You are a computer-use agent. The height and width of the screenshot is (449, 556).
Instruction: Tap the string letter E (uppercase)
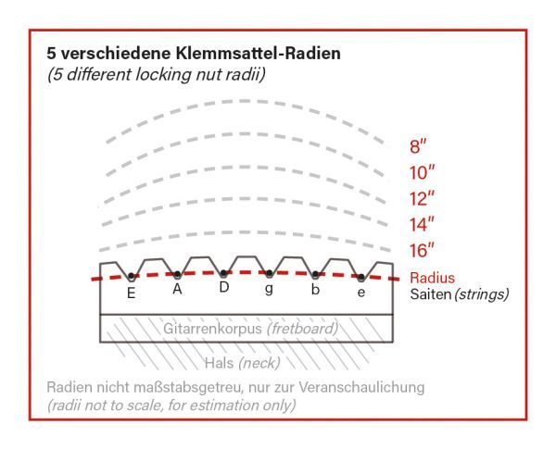[132, 293]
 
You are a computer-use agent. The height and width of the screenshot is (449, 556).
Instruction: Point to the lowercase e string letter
[361, 293]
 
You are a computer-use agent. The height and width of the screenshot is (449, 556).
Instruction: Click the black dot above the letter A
[178, 275]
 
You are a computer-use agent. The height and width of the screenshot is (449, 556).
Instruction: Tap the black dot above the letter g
[270, 274]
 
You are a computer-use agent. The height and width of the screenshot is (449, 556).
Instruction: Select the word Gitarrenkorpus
[209, 328]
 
